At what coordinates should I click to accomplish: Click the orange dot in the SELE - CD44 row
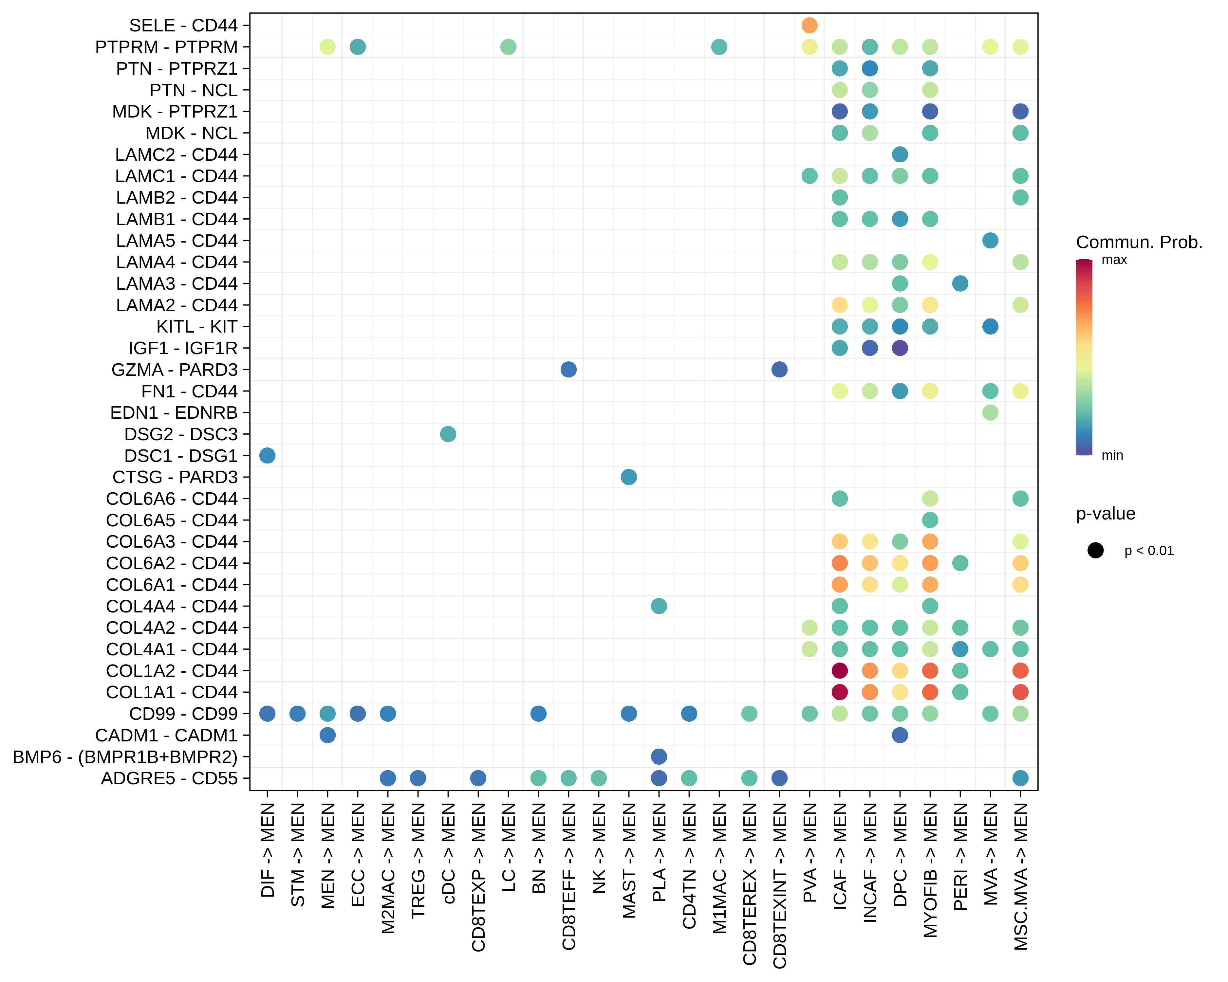click(809, 25)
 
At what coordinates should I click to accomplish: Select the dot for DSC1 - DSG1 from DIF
click(267, 455)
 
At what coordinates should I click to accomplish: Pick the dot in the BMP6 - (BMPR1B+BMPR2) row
click(659, 756)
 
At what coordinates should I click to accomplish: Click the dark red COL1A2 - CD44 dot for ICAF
click(840, 671)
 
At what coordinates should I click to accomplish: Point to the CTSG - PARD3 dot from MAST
click(629, 477)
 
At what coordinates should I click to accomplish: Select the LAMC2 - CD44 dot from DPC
click(900, 154)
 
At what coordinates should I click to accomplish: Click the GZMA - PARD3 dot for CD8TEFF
click(568, 370)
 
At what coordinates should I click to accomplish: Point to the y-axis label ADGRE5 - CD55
click(169, 778)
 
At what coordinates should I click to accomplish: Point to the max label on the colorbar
click(1114, 260)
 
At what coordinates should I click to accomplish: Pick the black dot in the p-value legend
click(1095, 551)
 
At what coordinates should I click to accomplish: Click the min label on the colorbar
click(1112, 455)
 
